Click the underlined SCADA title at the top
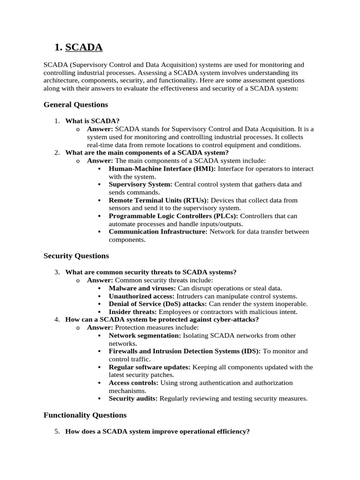(84, 47)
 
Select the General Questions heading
(75, 105)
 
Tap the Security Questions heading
(76, 256)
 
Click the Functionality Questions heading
(85, 415)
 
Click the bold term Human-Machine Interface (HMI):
(162, 169)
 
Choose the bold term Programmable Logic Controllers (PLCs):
(173, 216)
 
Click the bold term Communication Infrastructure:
(158, 232)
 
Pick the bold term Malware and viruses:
(142, 288)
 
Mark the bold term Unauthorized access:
(142, 296)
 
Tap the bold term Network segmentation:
(145, 336)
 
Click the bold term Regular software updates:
(150, 367)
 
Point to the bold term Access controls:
(134, 383)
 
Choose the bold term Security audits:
(134, 398)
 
